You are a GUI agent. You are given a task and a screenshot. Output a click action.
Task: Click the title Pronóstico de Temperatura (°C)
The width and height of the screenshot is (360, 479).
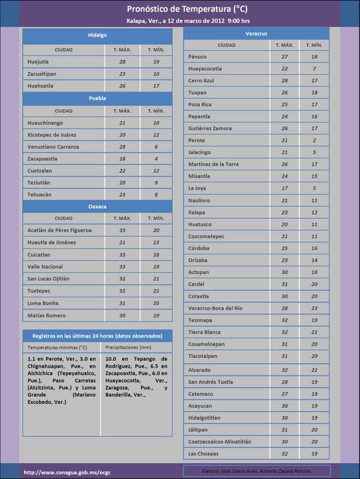pyautogui.click(x=179, y=9)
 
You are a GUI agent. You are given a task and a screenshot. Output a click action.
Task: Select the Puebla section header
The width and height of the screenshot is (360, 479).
pyautogui.click(x=97, y=97)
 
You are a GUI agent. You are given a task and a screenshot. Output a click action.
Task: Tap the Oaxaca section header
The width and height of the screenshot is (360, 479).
pyautogui.click(x=97, y=206)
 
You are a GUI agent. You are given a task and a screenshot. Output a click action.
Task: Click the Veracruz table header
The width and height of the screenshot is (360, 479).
pyautogui.click(x=256, y=34)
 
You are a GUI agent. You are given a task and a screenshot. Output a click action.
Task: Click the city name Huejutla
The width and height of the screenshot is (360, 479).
pyautogui.click(x=39, y=62)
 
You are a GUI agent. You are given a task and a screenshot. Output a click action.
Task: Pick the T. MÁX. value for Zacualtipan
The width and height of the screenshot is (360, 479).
pyautogui.click(x=122, y=74)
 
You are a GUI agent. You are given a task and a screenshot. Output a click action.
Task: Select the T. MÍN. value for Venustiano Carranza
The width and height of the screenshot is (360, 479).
pyautogui.click(x=156, y=147)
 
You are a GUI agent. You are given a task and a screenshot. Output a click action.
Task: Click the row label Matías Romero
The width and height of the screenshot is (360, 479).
pyautogui.click(x=46, y=315)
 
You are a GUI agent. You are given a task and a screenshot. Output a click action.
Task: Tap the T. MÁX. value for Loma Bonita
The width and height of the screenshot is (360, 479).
pyautogui.click(x=122, y=303)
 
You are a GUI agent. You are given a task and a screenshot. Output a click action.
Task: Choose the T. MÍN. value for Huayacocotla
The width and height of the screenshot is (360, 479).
pyautogui.click(x=314, y=69)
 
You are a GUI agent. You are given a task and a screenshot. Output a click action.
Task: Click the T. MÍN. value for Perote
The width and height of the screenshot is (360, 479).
pyautogui.click(x=314, y=140)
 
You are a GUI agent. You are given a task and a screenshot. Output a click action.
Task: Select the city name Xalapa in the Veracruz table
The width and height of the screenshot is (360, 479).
pyautogui.click(x=197, y=212)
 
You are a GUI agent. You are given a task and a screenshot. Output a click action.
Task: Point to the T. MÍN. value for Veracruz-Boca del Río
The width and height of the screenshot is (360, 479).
pyautogui.click(x=314, y=308)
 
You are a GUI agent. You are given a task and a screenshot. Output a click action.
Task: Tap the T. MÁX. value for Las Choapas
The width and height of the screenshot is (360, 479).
pyautogui.click(x=284, y=453)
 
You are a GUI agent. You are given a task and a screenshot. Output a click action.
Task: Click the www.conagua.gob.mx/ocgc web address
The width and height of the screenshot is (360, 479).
pyautogui.click(x=67, y=472)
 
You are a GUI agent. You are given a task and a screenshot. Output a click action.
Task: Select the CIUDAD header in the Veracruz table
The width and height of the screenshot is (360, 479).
pyautogui.click(x=227, y=45)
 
